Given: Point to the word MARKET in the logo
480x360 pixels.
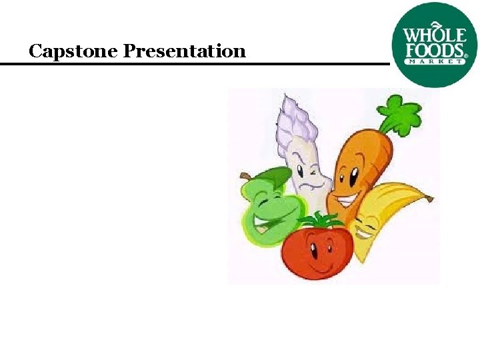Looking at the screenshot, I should tap(435, 61).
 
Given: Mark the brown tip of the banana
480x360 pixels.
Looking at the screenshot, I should tap(430, 199).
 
